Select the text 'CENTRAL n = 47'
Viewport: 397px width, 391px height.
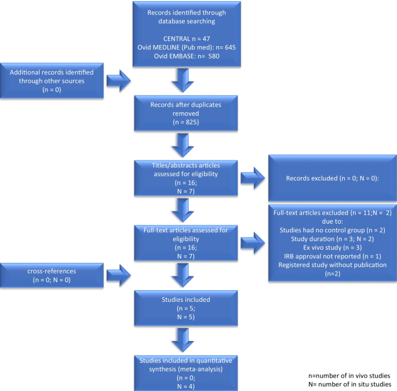[187, 36]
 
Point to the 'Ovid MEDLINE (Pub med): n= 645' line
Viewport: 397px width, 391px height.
[187, 46]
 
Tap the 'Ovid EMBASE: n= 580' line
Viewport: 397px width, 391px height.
[187, 56]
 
